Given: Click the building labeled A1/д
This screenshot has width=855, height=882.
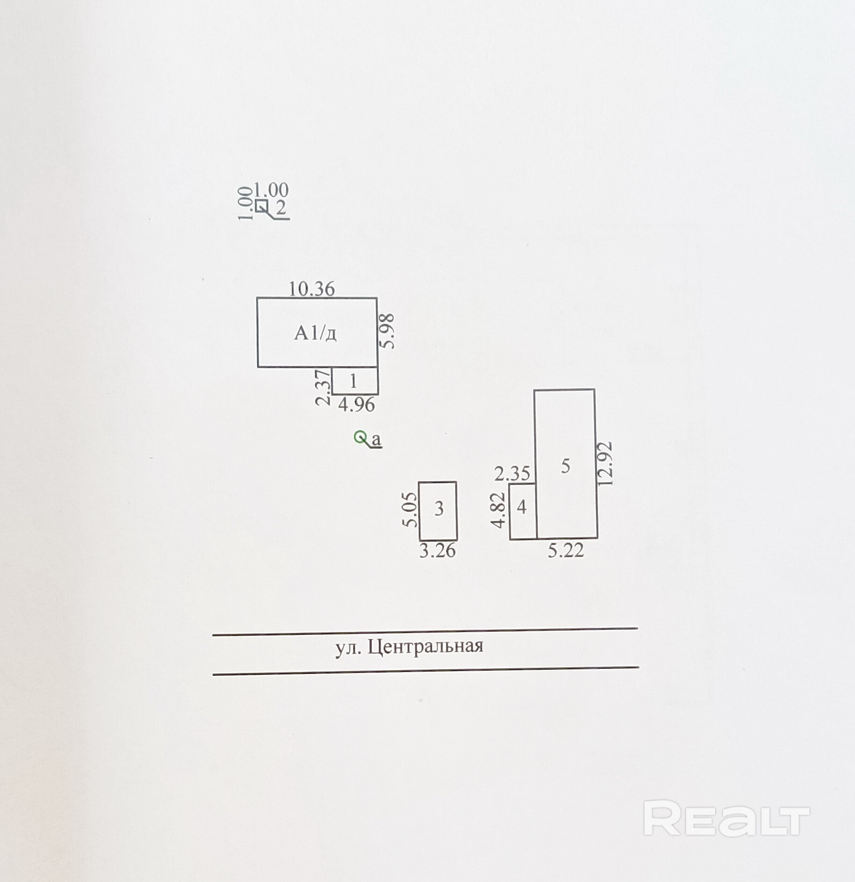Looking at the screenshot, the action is (x=317, y=332).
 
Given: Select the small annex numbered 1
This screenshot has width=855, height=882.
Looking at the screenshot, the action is (x=355, y=381).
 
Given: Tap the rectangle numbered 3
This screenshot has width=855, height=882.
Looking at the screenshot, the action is (x=438, y=510).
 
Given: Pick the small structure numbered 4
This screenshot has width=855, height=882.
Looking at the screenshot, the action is (x=522, y=510).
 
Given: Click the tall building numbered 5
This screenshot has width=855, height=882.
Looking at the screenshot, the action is (x=566, y=463).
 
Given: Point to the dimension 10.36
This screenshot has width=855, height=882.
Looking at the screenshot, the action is (x=311, y=289).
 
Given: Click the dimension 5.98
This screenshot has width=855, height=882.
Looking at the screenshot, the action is (x=388, y=331).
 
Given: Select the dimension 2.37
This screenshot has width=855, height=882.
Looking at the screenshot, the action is (x=323, y=387).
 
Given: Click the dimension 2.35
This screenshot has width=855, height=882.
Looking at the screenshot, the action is (x=512, y=474).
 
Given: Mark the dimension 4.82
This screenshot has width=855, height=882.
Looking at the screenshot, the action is (x=499, y=510).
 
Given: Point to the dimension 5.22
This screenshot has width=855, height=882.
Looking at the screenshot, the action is (x=566, y=550).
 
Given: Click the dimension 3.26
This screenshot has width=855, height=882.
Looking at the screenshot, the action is (x=437, y=551).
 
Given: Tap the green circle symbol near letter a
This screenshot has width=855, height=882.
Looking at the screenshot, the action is (x=360, y=437).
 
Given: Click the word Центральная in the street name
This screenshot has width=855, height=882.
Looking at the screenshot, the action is (x=425, y=646).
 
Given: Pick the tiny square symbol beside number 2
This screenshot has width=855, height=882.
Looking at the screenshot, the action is (x=262, y=205).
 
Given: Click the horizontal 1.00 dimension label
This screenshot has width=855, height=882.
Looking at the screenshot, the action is (x=271, y=190).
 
